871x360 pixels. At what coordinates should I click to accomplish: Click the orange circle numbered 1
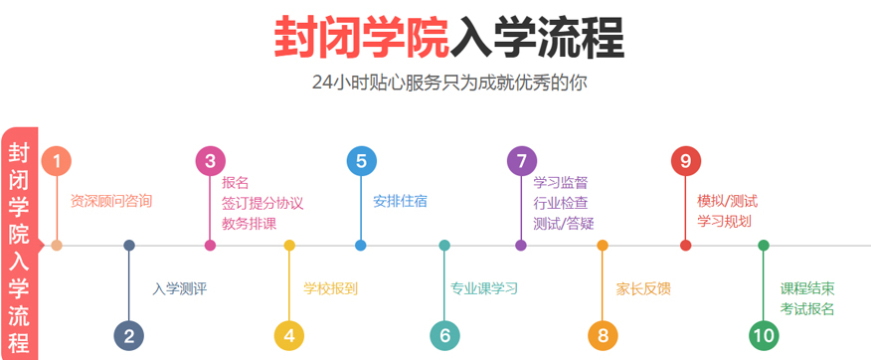tap(57, 160)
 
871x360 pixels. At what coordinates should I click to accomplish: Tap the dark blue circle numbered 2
tap(129, 335)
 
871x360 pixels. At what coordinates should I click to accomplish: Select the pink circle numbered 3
tap(210, 160)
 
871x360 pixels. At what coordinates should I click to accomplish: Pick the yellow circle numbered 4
tap(289, 335)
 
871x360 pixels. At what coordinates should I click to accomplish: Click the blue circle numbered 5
tap(361, 160)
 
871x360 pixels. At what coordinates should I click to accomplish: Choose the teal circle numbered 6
tap(444, 335)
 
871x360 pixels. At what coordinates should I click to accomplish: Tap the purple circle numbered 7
tap(521, 160)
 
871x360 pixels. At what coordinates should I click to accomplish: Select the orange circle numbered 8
tap(603, 335)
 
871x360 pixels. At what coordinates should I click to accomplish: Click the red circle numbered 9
tap(686, 160)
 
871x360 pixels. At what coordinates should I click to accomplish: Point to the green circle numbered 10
tap(764, 335)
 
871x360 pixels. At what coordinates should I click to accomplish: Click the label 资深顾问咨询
tap(111, 201)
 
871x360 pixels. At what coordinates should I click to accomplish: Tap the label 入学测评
tap(179, 289)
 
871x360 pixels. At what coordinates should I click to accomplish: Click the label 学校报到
tap(330, 289)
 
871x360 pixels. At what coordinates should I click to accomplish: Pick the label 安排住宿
tap(400, 201)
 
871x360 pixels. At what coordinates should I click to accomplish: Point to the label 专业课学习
tap(484, 289)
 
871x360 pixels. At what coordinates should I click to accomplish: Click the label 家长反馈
tap(643, 289)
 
